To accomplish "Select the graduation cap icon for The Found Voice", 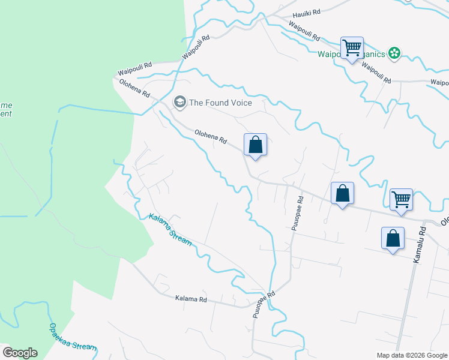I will (179, 103).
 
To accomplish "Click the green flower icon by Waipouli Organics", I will (394, 54).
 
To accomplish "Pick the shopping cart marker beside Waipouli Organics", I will (352, 47).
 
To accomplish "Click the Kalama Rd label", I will (191, 298).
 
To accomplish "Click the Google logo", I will (20, 353).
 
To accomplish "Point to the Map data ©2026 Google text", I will (411, 355).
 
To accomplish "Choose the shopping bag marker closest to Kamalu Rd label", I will (393, 238).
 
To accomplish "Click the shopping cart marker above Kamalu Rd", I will (401, 200).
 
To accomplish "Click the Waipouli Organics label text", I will (351, 55).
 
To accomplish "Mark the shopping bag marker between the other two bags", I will (342, 194).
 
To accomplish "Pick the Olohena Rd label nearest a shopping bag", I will (211, 136).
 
